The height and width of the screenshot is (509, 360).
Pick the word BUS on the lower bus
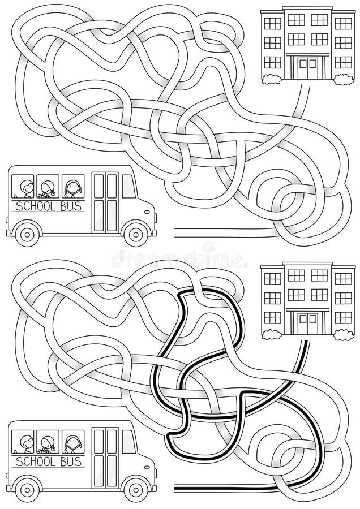pos(70,460)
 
